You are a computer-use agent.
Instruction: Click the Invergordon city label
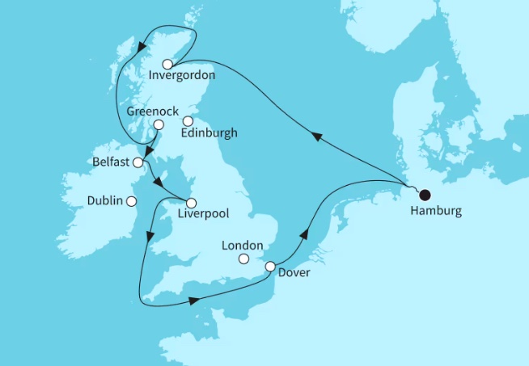coord(182,77)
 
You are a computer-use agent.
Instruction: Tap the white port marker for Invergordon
coord(167,64)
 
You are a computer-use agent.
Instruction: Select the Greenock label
coord(153,111)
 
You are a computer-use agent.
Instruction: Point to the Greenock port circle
coord(159,125)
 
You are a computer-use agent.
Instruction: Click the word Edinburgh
coord(210,133)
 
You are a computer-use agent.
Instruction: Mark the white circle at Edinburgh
coord(188,122)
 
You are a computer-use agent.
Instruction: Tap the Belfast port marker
coord(138,162)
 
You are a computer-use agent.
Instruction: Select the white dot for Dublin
coord(131,200)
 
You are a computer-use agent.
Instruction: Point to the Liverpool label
coord(202,216)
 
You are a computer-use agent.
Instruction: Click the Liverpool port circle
coord(192,202)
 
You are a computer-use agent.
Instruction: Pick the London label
coord(243,245)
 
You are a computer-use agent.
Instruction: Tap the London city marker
coord(243,259)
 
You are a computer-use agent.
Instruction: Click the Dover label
coord(293,274)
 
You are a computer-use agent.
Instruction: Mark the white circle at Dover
coord(270,267)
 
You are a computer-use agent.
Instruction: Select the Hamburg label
coord(436,211)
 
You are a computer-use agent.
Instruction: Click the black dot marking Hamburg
coord(424,194)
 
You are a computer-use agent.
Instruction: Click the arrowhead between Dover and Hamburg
coord(305,233)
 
